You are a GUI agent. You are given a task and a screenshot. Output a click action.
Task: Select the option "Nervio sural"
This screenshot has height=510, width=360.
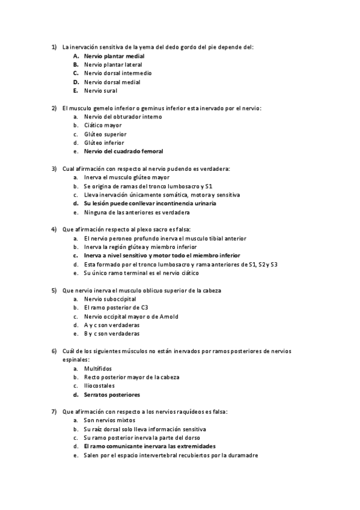pos(100,91)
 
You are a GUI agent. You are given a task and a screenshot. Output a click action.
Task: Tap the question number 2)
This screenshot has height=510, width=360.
pos(54,108)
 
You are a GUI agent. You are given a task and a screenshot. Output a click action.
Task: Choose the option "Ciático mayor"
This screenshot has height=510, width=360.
pos(103,126)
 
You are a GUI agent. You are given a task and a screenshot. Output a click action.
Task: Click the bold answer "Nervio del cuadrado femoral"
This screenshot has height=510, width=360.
pos(123,152)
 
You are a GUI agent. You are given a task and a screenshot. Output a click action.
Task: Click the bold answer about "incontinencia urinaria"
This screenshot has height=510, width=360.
pos(150,204)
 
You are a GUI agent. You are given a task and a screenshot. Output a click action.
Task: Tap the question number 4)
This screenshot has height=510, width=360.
pos(54,230)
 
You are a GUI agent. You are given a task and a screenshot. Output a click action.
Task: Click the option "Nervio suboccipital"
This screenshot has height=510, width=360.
pos(110,299)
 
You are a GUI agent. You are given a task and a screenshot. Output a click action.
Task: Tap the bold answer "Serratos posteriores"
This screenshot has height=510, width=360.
pos(112,395)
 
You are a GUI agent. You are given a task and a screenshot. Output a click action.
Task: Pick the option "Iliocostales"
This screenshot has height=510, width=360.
pos(99,386)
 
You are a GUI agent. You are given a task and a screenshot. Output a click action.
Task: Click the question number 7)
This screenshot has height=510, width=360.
pos(54,412)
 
